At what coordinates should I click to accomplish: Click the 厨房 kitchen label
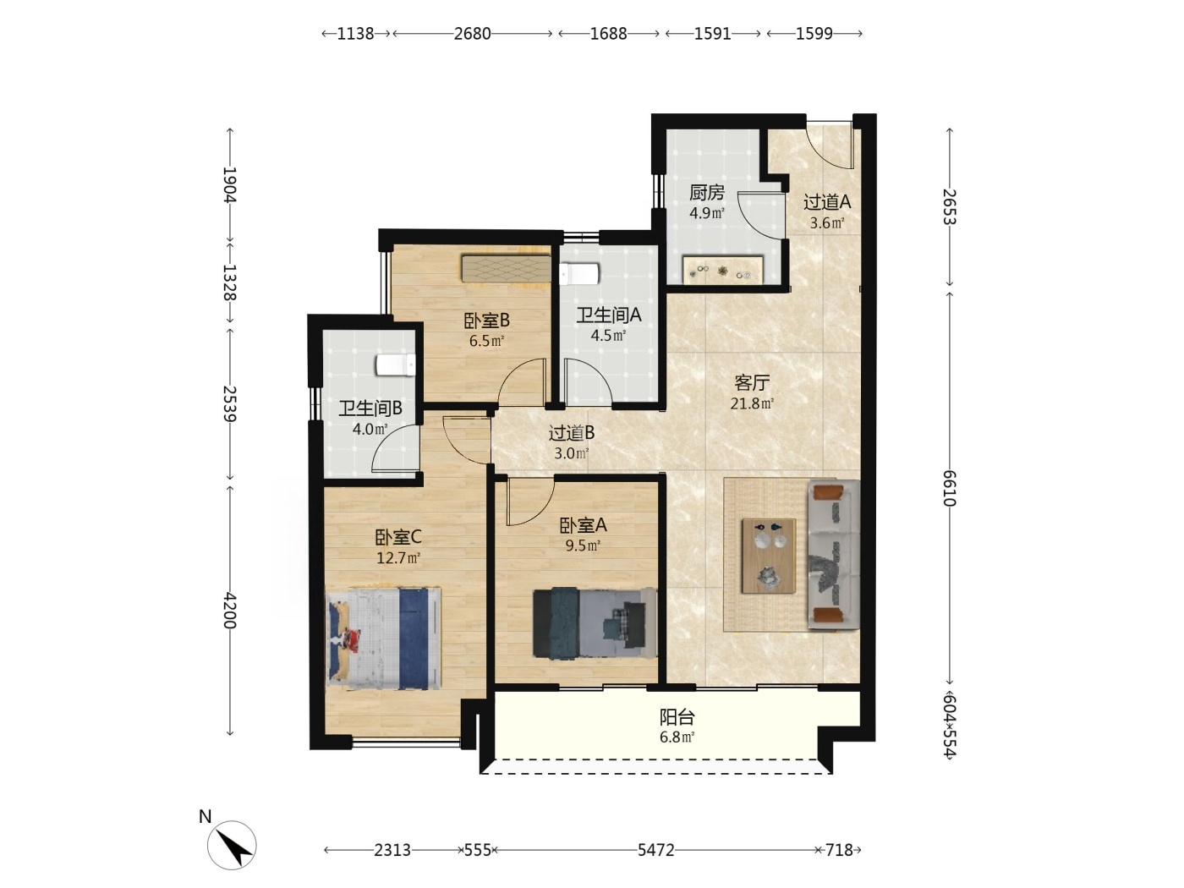(x=706, y=193)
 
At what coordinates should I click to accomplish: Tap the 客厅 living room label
(x=751, y=383)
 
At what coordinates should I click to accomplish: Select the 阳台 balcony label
(x=677, y=716)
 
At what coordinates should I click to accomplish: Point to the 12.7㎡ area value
(x=398, y=557)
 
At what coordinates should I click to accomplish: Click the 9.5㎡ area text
(x=583, y=545)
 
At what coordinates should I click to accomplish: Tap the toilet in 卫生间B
(x=396, y=365)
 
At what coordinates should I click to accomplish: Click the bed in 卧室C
(x=383, y=639)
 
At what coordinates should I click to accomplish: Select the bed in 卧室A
(x=595, y=622)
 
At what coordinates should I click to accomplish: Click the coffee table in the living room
(x=769, y=556)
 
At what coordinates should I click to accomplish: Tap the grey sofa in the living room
(x=833, y=554)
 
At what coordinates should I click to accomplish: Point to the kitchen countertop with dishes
(x=723, y=270)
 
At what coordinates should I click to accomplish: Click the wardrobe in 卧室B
(x=506, y=268)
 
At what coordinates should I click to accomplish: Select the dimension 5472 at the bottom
(x=656, y=850)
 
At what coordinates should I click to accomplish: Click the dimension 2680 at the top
(x=472, y=34)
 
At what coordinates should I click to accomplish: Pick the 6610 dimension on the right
(x=950, y=489)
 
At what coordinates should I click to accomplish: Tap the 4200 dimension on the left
(x=230, y=611)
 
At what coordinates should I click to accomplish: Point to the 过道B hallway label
(x=571, y=432)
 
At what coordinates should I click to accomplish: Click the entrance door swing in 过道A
(x=830, y=145)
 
